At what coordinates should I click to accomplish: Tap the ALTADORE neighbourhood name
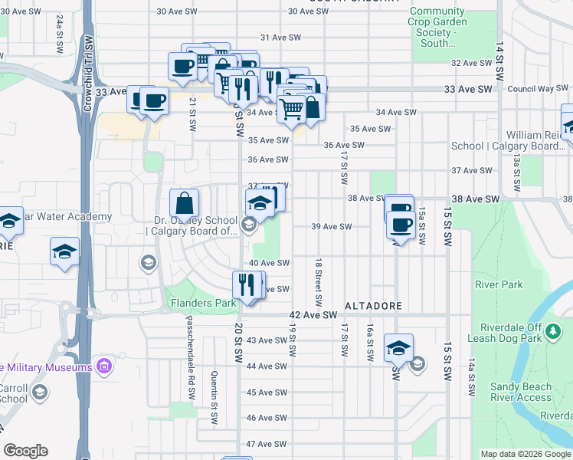coord(373,306)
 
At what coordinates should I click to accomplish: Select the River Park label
coord(499,284)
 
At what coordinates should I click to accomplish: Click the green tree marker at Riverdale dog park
coord(555,333)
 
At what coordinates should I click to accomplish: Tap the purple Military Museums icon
coord(104,366)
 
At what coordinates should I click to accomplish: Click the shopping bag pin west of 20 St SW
coord(185,205)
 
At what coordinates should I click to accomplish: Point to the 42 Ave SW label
coord(313,315)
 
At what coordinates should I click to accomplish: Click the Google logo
coord(25,450)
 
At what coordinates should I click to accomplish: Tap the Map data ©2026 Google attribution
coord(525,454)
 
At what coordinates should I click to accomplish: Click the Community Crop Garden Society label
coord(437,27)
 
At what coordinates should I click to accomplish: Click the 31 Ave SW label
coord(279,38)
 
